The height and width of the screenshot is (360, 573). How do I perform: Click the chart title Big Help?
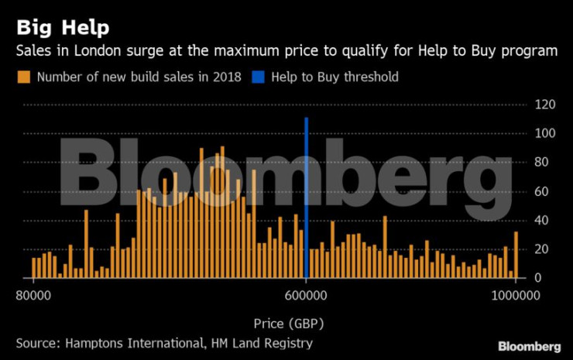(x=63, y=28)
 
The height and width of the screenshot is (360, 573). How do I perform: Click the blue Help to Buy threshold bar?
(x=307, y=197)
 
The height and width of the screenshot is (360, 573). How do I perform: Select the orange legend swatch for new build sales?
(x=24, y=77)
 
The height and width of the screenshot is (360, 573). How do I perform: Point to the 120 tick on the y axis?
(x=546, y=105)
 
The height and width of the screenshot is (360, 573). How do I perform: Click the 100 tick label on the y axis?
(x=546, y=133)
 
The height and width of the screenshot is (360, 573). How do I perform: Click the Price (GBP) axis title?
(x=288, y=323)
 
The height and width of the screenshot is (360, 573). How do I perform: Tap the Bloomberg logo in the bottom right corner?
(x=529, y=346)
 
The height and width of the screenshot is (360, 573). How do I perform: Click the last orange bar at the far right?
(x=516, y=255)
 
